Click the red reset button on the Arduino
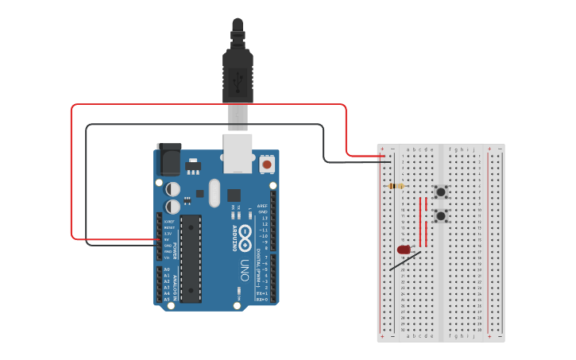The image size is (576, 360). click(x=267, y=165)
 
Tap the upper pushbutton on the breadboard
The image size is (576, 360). click(x=441, y=192)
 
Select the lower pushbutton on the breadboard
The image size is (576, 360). click(x=441, y=215)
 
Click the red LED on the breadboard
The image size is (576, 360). click(x=404, y=250)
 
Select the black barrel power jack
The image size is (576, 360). click(x=168, y=158)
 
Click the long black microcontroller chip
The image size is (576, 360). click(x=191, y=258)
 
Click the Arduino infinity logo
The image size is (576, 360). click(x=245, y=235)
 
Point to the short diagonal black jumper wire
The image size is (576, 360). click(x=405, y=260)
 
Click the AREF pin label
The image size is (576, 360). click(x=262, y=204)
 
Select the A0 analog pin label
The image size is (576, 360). click(x=167, y=269)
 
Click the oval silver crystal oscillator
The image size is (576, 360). click(x=213, y=193)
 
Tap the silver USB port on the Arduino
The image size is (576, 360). click(x=237, y=153)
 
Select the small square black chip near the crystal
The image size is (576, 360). click(x=234, y=195)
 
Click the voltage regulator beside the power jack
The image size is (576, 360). click(x=193, y=166)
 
